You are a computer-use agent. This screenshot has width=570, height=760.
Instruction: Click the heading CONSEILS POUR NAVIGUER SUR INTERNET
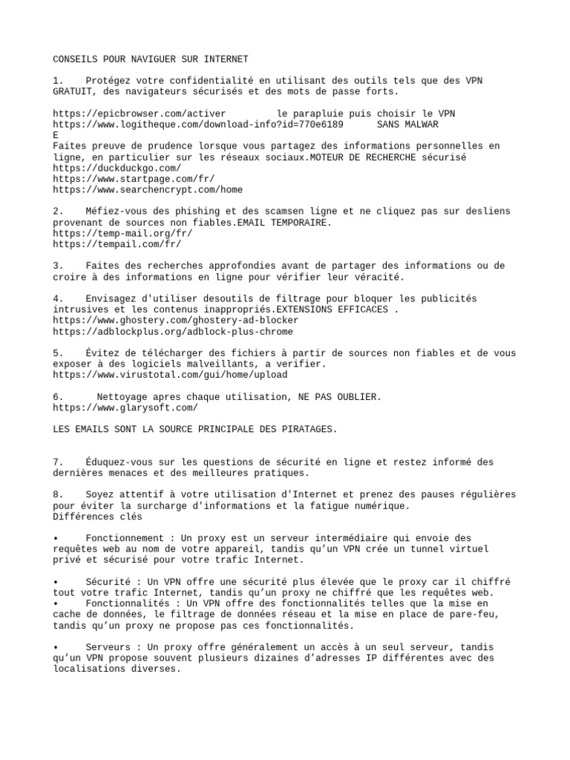coord(151,59)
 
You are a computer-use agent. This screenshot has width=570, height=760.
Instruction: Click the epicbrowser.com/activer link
coord(140,114)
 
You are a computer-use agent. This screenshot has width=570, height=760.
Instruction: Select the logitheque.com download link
coord(198,124)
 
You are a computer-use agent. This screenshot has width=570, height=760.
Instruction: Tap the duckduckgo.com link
coord(117,168)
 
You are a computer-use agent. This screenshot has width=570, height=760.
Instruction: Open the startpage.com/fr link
coord(134,179)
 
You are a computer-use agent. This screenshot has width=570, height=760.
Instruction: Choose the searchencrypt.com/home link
coord(148,189)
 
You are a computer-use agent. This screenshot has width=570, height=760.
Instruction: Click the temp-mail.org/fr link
coord(117,233)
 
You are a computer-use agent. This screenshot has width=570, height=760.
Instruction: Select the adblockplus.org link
coord(173,331)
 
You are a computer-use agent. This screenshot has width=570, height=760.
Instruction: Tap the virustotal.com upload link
coord(170,375)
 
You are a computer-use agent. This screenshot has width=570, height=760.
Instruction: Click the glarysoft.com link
coord(125,407)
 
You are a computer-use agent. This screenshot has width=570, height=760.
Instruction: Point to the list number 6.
coord(58,396)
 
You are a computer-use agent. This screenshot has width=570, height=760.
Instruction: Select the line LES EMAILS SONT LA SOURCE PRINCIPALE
coord(195,429)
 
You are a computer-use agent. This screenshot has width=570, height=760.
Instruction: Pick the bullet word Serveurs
coord(110,647)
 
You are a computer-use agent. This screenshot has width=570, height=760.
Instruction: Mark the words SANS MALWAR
coord(407,124)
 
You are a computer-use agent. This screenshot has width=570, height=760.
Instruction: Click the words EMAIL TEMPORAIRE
coord(284,222)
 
